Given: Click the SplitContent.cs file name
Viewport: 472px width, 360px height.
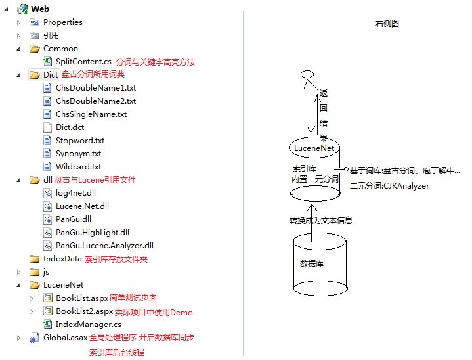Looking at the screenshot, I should pyautogui.click(x=83, y=62).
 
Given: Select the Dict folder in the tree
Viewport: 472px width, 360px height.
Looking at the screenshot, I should pyautogui.click(x=51, y=75).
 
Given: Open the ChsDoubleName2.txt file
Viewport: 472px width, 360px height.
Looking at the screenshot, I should pyautogui.click(x=95, y=101).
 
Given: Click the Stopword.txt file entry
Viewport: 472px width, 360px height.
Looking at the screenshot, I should pyautogui.click(x=80, y=141).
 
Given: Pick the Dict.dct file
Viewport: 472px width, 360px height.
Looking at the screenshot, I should pyautogui.click(x=70, y=127).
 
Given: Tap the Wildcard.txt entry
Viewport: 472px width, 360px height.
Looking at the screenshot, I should pyautogui.click(x=78, y=167).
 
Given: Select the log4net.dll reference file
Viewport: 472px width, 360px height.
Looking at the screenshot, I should pyautogui.click(x=75, y=193).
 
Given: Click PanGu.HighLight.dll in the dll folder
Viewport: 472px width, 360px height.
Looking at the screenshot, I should pyautogui.click(x=92, y=233).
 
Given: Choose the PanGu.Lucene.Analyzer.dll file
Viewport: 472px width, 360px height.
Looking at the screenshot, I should pyautogui.click(x=104, y=246).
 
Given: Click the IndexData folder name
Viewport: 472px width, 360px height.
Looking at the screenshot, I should pyautogui.click(x=62, y=259).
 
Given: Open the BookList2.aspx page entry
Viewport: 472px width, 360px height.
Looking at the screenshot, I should pyautogui.click(x=84, y=311).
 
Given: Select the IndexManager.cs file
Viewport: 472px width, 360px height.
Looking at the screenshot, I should pyautogui.click(x=88, y=325).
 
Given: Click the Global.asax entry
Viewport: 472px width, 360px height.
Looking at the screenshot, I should pyautogui.click(x=65, y=338).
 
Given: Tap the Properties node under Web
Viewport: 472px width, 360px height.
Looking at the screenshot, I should pyautogui.click(x=62, y=22).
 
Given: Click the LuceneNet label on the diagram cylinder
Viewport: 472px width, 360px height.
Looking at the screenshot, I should pyautogui.click(x=314, y=148).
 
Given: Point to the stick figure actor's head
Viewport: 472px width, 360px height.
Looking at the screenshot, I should pyautogui.click(x=305, y=72).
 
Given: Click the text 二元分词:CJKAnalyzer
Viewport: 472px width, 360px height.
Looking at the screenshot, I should pyautogui.click(x=389, y=186).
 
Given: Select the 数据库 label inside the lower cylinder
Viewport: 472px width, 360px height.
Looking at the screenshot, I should pyautogui.click(x=312, y=264).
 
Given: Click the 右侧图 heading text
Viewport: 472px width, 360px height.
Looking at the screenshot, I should pyautogui.click(x=387, y=24).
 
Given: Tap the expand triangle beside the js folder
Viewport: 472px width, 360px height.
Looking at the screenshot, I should pyautogui.click(x=19, y=272).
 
